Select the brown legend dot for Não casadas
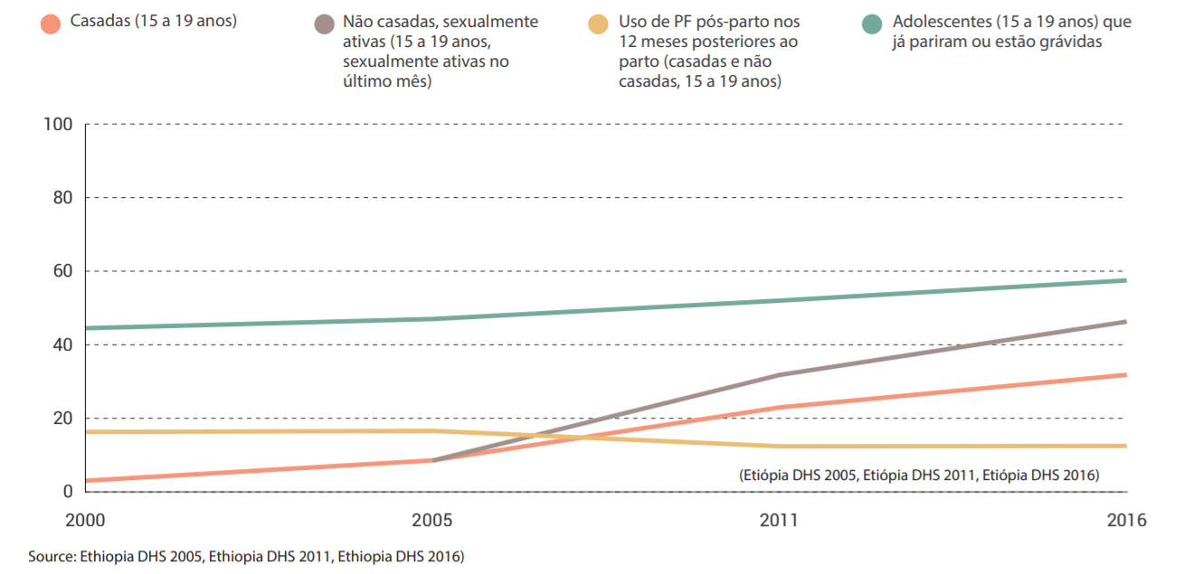[324, 23]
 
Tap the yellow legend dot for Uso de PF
[598, 23]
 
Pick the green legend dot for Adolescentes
[872, 23]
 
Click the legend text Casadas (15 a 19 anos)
[153, 21]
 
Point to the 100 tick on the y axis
[59, 124]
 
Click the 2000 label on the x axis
[85, 522]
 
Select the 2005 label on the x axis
[431, 522]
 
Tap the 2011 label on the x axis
[780, 522]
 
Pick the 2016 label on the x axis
[1126, 522]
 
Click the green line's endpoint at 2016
[1125, 280]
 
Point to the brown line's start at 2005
[433, 460]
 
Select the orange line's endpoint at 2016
[1125, 374]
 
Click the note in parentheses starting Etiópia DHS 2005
[918, 475]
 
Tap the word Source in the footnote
[51, 557]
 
